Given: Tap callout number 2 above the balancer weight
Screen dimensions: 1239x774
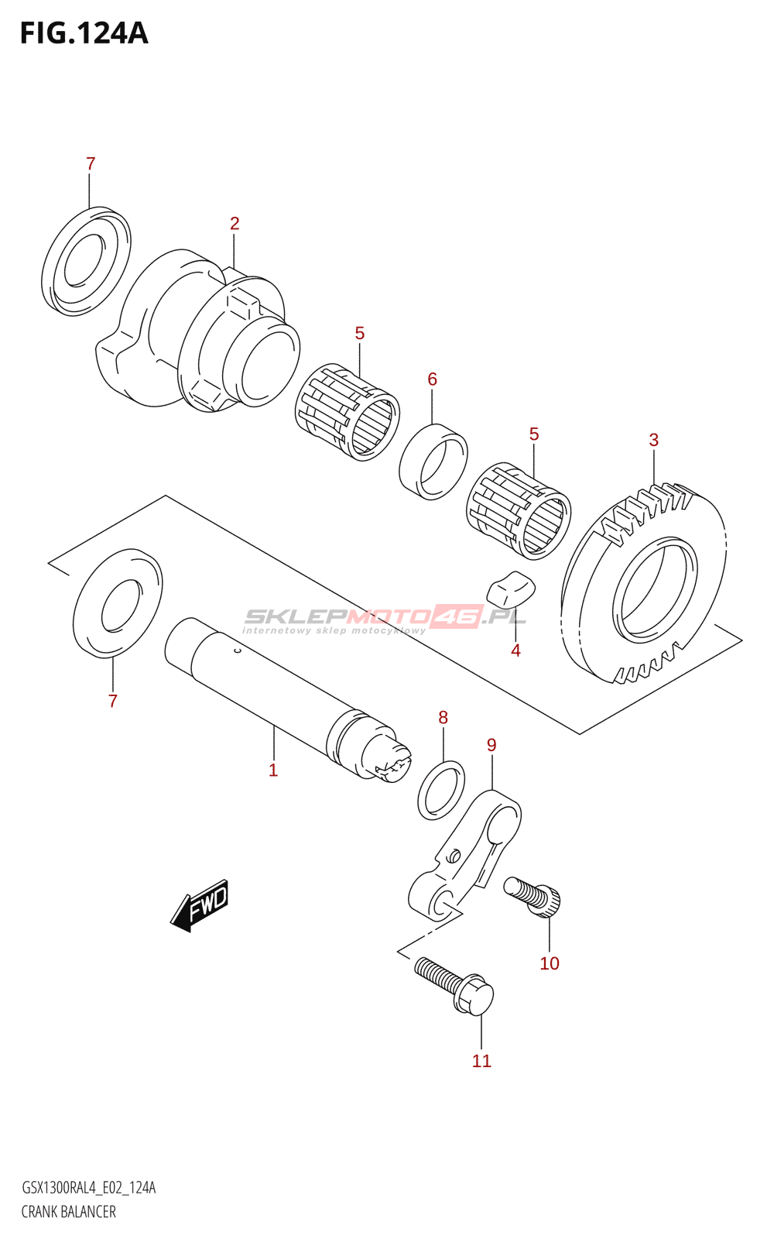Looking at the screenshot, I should [x=235, y=224].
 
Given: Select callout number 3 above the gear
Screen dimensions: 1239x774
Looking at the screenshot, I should [x=654, y=441].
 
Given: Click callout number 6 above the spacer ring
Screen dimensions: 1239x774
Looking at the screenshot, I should [x=433, y=379].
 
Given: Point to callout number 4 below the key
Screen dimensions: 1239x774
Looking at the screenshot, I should [x=516, y=651].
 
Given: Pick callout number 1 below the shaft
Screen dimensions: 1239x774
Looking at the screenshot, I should [x=273, y=771].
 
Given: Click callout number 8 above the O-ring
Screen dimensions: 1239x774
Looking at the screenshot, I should [x=444, y=718].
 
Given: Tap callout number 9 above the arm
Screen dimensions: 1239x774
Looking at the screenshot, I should [x=491, y=745].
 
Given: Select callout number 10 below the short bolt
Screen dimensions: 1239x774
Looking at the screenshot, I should [x=550, y=963].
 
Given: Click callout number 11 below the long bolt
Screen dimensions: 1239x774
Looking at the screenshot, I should [x=481, y=1061].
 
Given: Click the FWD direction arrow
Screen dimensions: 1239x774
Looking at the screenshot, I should [x=200, y=904].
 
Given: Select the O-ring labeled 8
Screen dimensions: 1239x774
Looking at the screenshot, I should [x=441, y=791].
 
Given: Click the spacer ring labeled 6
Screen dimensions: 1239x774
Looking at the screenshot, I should [x=433, y=462].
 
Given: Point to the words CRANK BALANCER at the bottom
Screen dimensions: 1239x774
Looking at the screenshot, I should [x=69, y=1212].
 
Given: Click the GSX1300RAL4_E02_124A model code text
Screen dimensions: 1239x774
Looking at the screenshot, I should [x=88, y=1188].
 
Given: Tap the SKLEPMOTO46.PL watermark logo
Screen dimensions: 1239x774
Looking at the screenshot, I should [x=385, y=618].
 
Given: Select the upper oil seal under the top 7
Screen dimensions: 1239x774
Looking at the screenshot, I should [x=86, y=261].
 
